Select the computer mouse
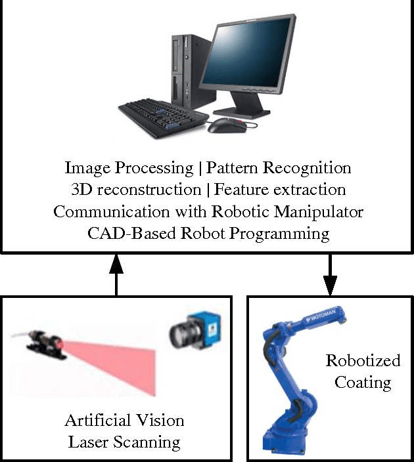[x=223, y=125]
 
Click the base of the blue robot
[x=288, y=436]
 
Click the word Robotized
[x=363, y=361]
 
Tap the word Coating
[x=363, y=382]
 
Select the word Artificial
[x=96, y=420]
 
